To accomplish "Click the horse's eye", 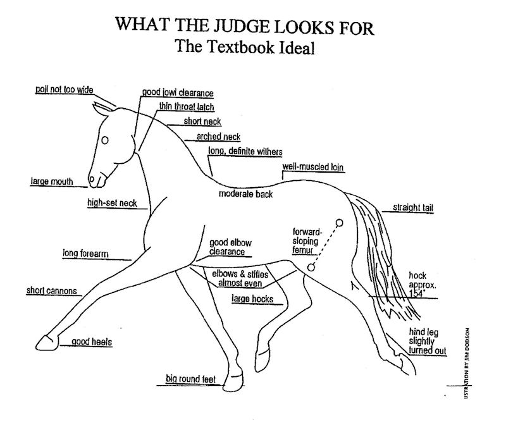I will pos(106,139).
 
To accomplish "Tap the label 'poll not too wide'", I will pos(64,90).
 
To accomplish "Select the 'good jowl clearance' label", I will pos(178,94).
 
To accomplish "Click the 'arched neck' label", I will pos(218,137).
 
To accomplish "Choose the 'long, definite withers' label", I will pos(245,151).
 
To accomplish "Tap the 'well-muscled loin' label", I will pos(312,167).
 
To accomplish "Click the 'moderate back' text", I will pos(245,194).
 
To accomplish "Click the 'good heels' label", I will pos(92,342).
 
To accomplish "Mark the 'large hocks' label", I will pos(253,298).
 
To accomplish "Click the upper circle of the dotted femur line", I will pos(339,222).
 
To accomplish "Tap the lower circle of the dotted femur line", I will pos(311,268).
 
